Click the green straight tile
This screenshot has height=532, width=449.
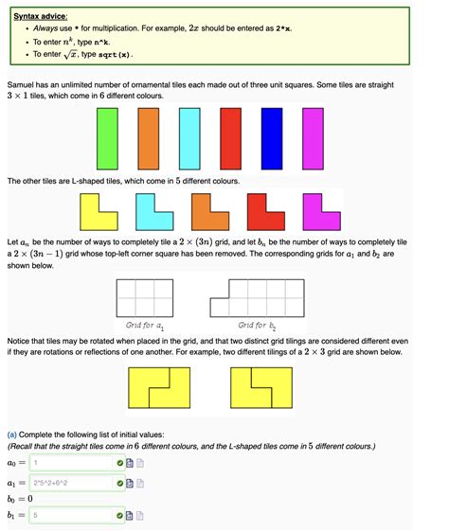tap(105, 138)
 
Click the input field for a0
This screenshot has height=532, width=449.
tap(71, 463)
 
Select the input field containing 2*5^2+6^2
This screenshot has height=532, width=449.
tap(71, 483)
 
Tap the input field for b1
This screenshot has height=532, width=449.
tap(71, 516)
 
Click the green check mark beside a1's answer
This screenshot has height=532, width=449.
tap(119, 483)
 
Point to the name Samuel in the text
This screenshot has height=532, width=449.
tap(24, 85)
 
